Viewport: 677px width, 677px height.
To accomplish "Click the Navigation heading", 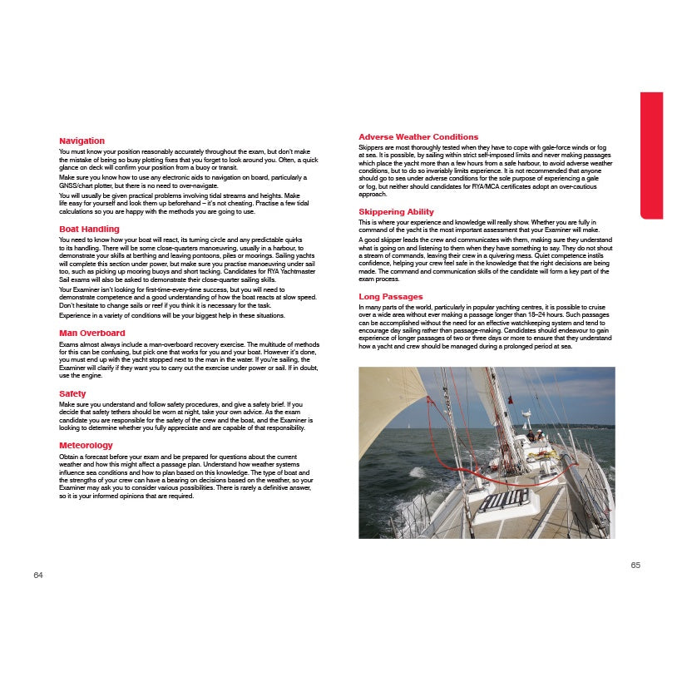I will [x=82, y=141].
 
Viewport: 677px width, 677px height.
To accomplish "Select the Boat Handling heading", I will [x=89, y=229].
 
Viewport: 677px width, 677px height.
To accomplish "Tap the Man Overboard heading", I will [x=91, y=333].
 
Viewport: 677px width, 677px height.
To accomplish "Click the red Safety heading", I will [x=72, y=393].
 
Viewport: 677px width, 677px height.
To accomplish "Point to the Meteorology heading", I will [x=86, y=446].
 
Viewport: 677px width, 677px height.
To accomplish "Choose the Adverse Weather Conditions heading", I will [x=418, y=136].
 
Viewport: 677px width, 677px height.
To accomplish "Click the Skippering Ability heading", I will [x=396, y=212].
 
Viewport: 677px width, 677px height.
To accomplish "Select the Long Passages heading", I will [x=390, y=297].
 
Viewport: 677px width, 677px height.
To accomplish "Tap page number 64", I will [x=38, y=576].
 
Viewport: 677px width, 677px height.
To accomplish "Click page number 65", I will [x=635, y=565].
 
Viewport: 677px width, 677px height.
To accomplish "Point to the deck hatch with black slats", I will [x=503, y=499].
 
